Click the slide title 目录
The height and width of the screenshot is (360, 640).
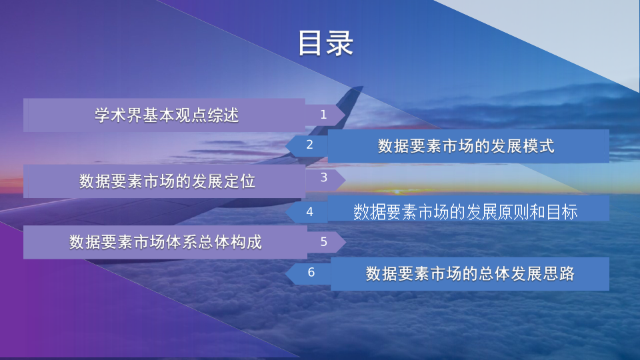pyautogui.click(x=325, y=43)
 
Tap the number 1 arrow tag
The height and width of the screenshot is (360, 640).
pyautogui.click(x=325, y=115)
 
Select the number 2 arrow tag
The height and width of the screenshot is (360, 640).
pyautogui.click(x=307, y=145)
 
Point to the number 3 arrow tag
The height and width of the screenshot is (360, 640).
pyautogui.click(x=325, y=179)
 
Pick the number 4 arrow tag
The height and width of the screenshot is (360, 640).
pyautogui.click(x=307, y=212)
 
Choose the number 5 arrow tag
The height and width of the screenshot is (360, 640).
pyautogui.click(x=326, y=241)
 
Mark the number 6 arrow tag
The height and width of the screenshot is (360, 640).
pyautogui.click(x=309, y=273)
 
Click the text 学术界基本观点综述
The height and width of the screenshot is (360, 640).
pyautogui.click(x=167, y=115)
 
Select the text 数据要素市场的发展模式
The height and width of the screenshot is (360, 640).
pyautogui.click(x=466, y=146)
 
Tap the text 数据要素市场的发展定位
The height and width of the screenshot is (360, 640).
pyautogui.click(x=167, y=181)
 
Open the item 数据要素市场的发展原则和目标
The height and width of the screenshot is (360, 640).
pyautogui.click(x=465, y=212)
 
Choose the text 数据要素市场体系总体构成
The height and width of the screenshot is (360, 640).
pyautogui.click(x=165, y=242)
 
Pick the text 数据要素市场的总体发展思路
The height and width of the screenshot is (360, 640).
pyautogui.click(x=470, y=273)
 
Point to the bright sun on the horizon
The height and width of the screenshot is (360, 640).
pyautogui.click(x=396, y=191)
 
